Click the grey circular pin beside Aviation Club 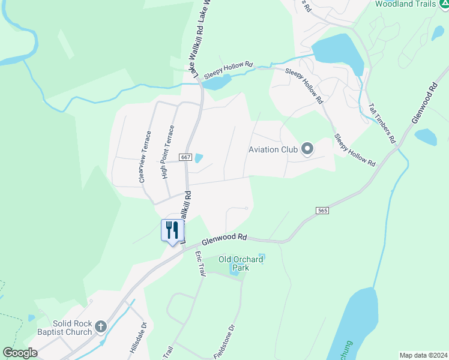pos(307,149)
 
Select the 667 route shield pos(185,157)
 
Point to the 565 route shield pos(322,210)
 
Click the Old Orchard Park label pos(241,263)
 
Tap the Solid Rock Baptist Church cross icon pos(101,327)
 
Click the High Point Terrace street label pos(167,152)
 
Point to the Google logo pos(20,353)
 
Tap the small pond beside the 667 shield pos(198,158)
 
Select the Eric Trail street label pos(200,263)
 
